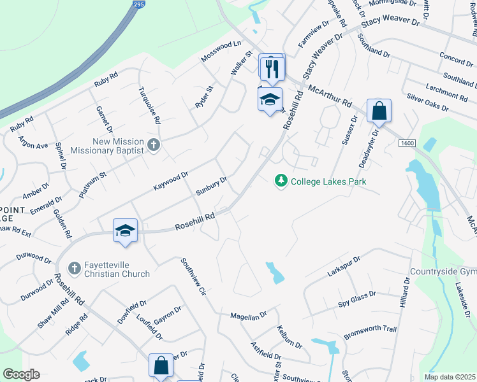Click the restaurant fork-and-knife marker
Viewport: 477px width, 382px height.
point(273,67)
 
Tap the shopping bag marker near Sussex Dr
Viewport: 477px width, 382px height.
point(379,111)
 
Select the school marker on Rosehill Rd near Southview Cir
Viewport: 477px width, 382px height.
point(126,230)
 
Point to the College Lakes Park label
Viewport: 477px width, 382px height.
point(328,181)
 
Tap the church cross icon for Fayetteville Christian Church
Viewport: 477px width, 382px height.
point(75,267)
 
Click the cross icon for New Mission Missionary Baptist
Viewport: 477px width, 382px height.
point(153,145)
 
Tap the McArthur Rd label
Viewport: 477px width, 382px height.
point(329,97)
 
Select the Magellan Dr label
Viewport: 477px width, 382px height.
point(250,316)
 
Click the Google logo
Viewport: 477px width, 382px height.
point(22,374)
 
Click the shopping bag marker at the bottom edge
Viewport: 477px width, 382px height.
point(161,366)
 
